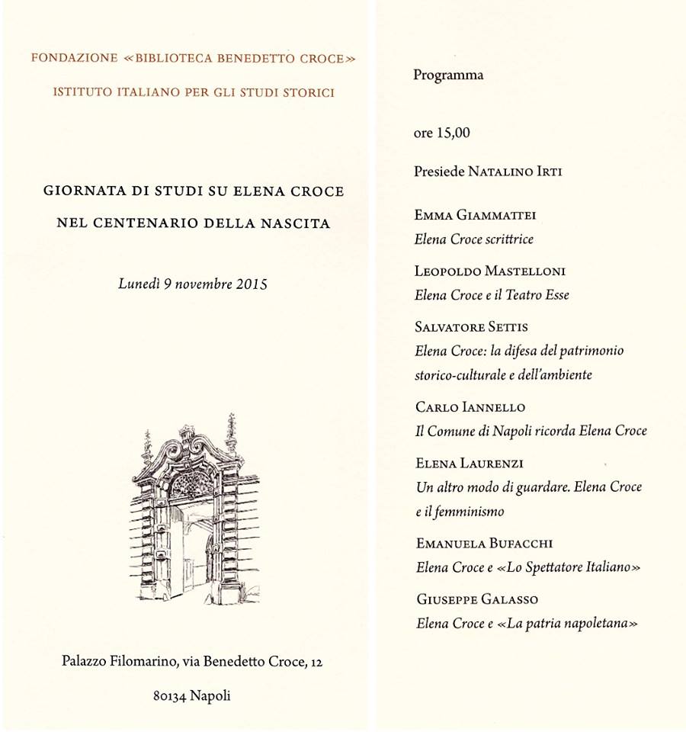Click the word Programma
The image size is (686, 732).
448,75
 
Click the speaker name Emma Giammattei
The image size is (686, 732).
476,215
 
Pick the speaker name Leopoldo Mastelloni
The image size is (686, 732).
490,271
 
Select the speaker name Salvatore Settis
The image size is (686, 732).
472,327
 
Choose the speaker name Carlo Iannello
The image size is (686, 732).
470,407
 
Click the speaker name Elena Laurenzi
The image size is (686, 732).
470,463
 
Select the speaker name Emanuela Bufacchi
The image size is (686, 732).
484,544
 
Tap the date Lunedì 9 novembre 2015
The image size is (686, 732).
192,284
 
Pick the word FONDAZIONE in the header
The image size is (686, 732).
74,59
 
